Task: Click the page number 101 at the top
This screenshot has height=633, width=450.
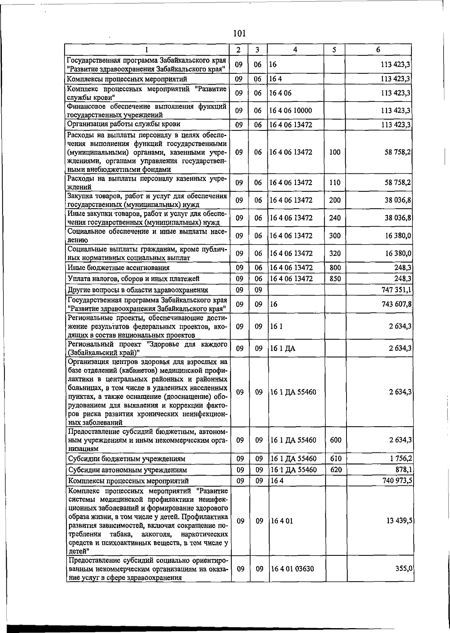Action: [x=239, y=33]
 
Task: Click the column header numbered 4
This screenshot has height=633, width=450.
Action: [x=296, y=49]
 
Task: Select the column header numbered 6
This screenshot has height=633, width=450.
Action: [x=378, y=49]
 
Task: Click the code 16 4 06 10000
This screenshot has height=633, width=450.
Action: [x=291, y=110]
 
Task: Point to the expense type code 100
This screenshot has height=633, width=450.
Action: [x=335, y=152]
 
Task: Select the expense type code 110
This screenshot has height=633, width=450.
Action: [x=335, y=183]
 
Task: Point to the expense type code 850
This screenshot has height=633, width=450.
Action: [x=335, y=278]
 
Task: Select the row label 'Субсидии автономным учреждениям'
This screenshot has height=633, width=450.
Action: [x=127, y=470]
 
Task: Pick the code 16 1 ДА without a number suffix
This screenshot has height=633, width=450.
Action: [x=283, y=349]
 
